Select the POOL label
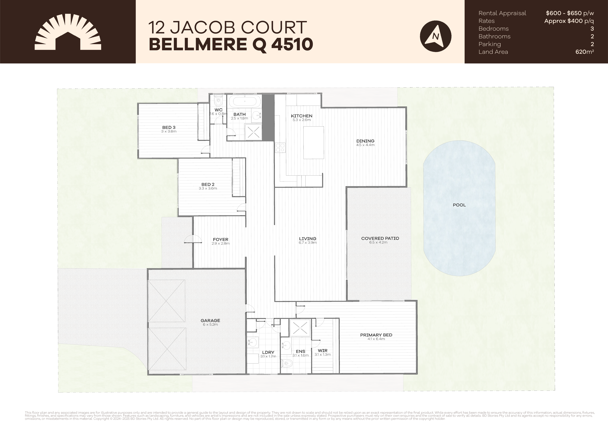(459, 205)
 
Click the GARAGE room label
(210, 320)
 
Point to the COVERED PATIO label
(380, 238)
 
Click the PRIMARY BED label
(376, 335)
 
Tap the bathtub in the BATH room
(244, 101)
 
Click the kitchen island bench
(314, 143)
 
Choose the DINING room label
(365, 141)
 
